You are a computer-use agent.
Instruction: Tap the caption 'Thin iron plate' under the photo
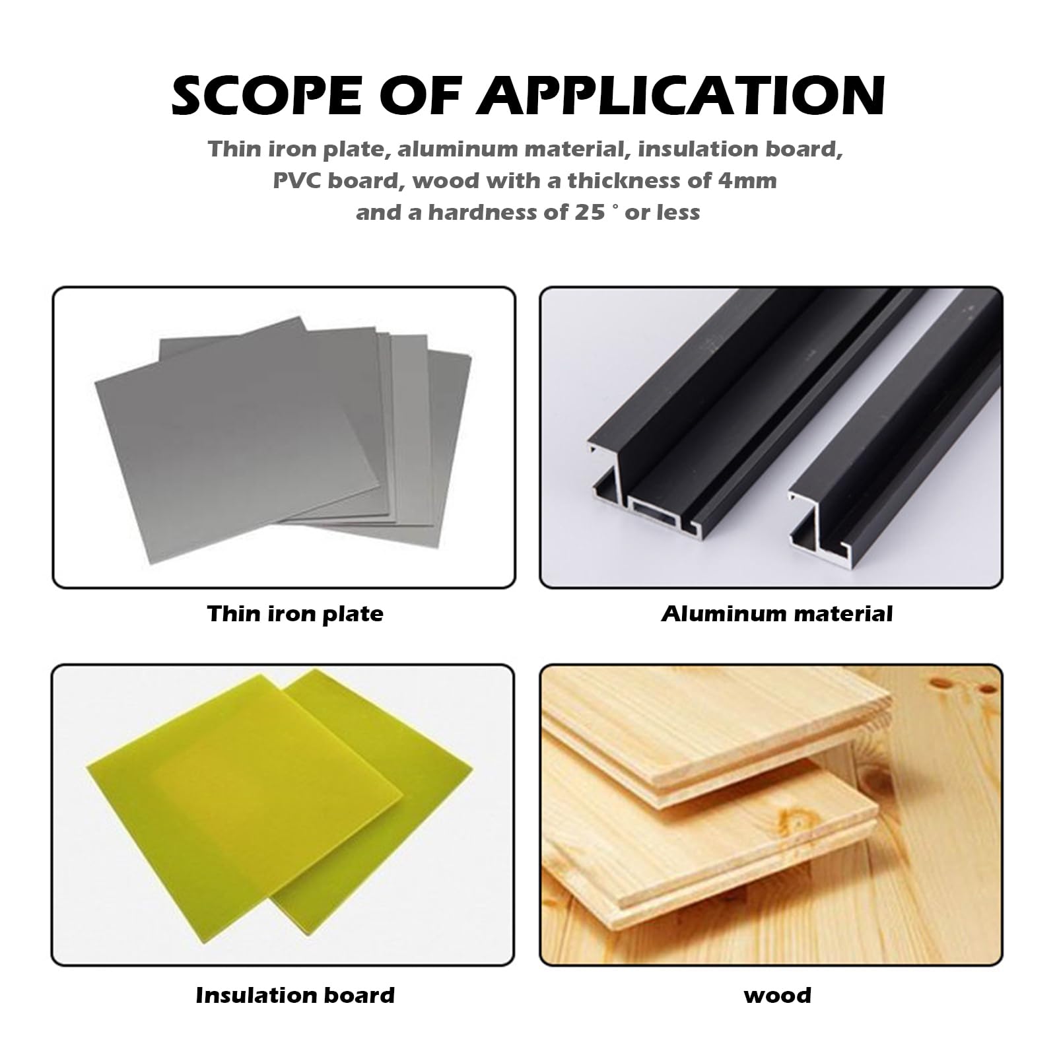(295, 614)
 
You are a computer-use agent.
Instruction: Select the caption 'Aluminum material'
(776, 614)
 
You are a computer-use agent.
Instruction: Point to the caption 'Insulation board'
(295, 995)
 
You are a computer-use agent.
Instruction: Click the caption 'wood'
(777, 995)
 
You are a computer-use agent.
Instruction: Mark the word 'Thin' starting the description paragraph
(234, 149)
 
